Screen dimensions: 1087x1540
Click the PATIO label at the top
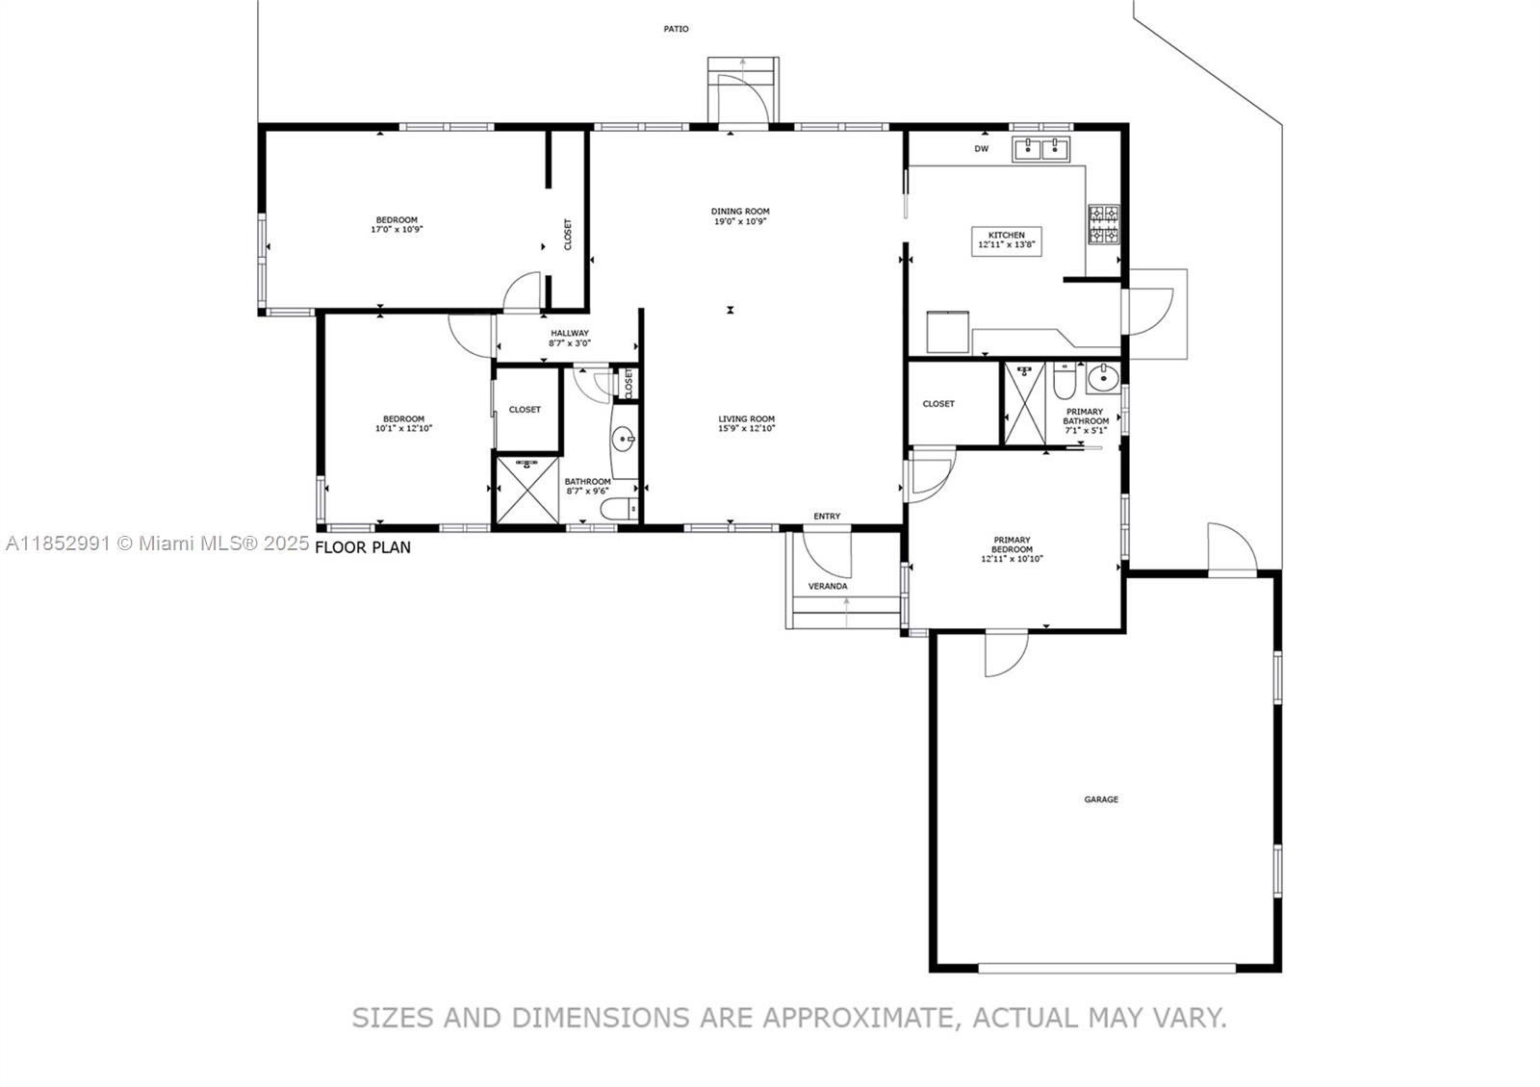point(676,29)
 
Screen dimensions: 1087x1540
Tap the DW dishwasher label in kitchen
point(981,149)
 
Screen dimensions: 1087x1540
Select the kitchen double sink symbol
point(1041,148)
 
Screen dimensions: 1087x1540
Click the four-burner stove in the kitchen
point(1103,223)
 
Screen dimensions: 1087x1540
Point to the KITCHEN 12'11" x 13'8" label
point(1007,240)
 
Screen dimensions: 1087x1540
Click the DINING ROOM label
point(740,216)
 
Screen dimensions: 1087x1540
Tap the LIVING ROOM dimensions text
point(746,429)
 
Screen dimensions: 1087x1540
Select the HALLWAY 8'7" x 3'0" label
point(570,338)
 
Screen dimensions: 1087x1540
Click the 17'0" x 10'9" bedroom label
point(397,230)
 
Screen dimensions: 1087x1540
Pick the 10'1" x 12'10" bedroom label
point(403,429)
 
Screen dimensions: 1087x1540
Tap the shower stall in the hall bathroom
point(526,491)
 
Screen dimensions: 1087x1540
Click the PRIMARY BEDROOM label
point(1012,549)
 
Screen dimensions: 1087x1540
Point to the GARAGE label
point(1101,799)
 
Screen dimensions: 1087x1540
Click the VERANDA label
point(828,586)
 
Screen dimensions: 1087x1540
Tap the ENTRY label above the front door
point(827,517)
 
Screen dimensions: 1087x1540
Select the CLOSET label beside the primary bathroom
point(938,404)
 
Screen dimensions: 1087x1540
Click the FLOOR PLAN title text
point(363,547)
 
